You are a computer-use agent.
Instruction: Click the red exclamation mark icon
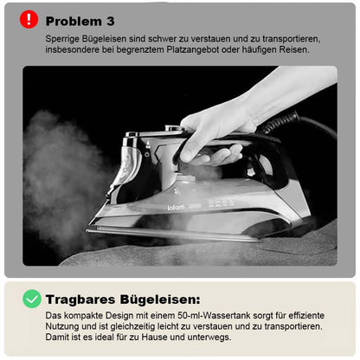[x=29, y=19]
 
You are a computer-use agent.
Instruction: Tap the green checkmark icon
[x=32, y=299]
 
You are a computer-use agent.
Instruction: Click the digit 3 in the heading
[x=111, y=22]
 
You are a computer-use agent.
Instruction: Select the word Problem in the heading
[x=74, y=22]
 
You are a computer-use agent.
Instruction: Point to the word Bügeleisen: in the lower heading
[x=160, y=299]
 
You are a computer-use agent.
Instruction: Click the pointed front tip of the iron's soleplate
[x=87, y=230]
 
